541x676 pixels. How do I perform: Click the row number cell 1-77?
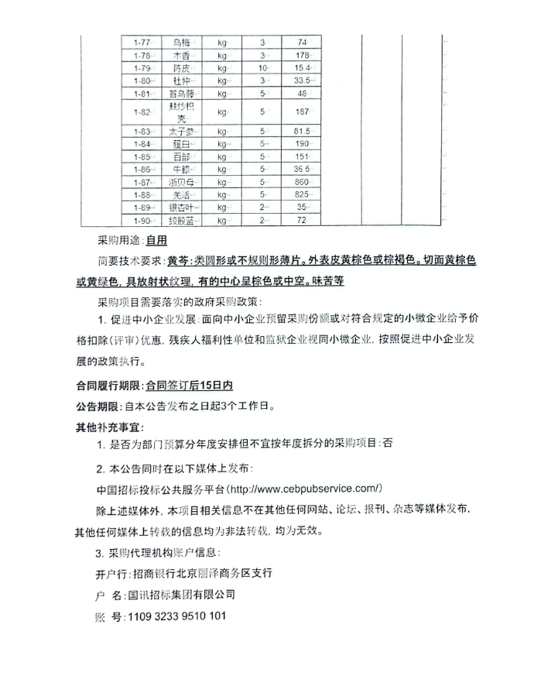142,42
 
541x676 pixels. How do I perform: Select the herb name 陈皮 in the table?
183,68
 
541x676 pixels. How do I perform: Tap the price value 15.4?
303,68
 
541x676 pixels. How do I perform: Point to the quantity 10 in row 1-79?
263,68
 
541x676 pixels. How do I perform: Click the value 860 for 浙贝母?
303,181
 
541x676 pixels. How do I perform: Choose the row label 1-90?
142,221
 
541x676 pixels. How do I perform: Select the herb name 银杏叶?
183,208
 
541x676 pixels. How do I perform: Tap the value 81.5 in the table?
303,131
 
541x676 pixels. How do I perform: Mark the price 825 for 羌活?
303,194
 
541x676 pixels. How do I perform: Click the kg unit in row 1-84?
222,144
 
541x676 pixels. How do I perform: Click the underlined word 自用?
156,241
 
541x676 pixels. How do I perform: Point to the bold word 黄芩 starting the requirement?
178,260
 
